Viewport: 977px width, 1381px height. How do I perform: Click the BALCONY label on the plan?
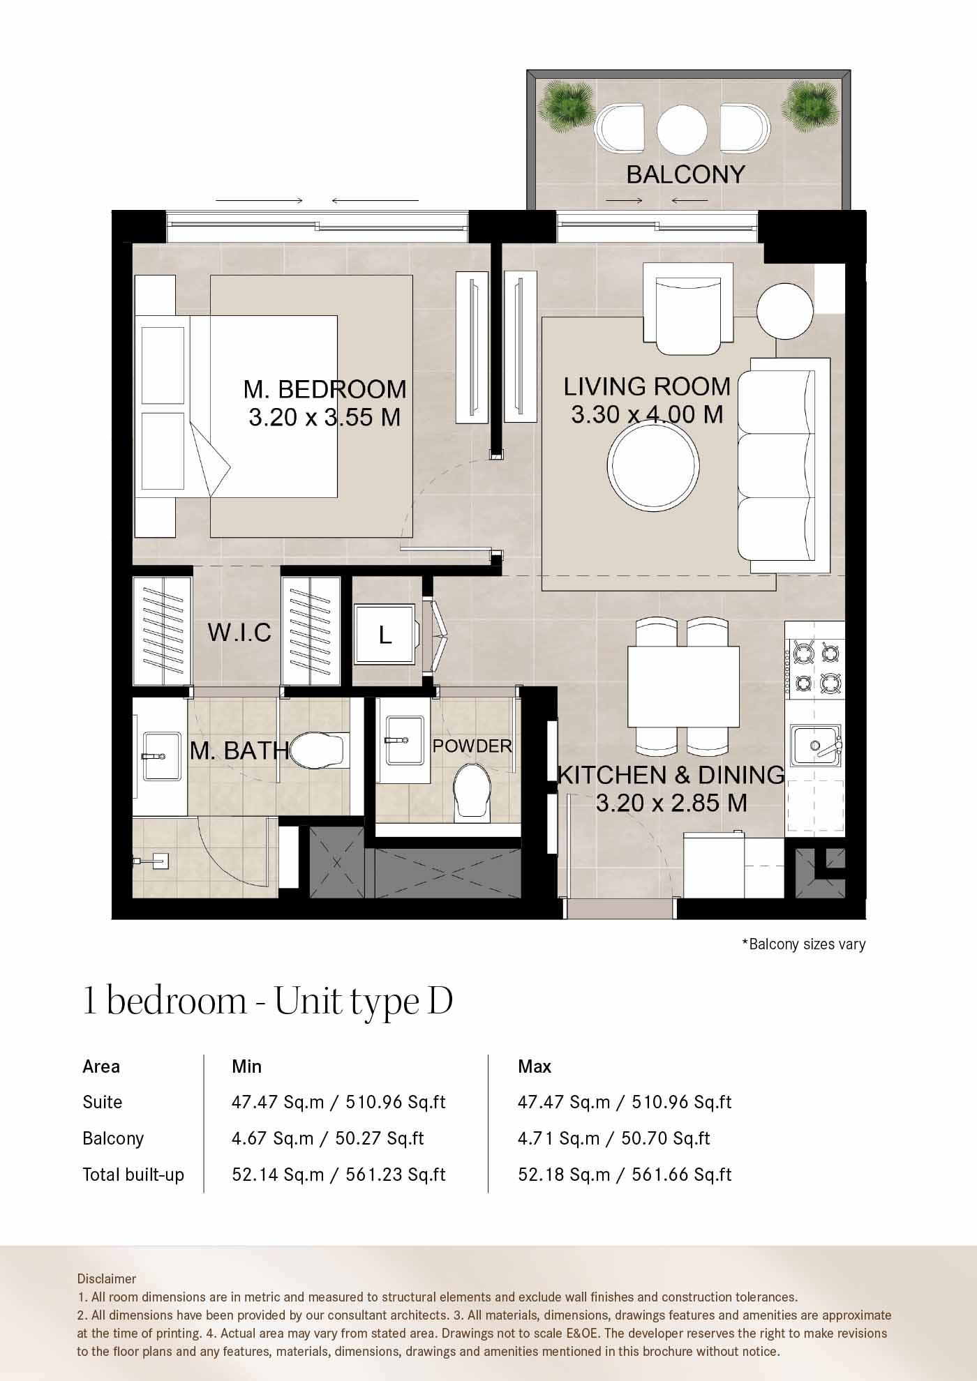pos(685,174)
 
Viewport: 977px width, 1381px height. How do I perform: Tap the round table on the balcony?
pos(682,129)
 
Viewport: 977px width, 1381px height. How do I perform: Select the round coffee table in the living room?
pos(653,465)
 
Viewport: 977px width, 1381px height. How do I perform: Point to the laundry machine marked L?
pos(385,633)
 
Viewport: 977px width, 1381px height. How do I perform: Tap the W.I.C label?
pos(239,633)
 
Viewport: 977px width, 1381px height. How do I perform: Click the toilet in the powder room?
pos(472,792)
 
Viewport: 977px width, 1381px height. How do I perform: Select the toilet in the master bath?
pos(320,750)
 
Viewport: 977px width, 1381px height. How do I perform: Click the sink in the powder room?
pos(403,740)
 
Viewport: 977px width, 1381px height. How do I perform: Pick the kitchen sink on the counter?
pos(815,745)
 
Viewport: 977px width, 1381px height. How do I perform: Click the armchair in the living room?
pos(688,308)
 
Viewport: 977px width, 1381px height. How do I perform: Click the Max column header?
pos(535,1066)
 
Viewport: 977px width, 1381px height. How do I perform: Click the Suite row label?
pos(102,1102)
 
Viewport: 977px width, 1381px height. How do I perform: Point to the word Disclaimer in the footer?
pos(107,1278)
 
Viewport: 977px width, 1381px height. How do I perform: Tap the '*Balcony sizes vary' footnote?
pos(803,944)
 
